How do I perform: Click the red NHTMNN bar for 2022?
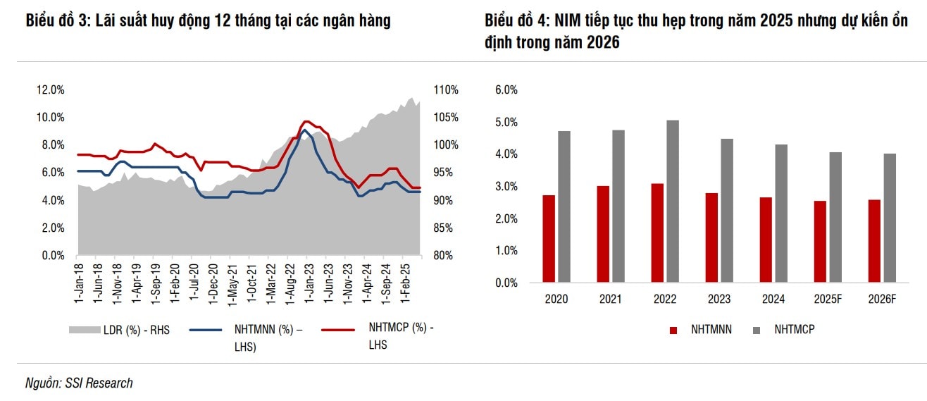pos(657,233)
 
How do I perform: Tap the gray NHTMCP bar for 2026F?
pos(890,218)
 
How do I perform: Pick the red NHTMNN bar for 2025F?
pos(820,242)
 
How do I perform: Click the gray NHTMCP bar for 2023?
pos(726,211)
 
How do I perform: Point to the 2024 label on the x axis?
pos(773,300)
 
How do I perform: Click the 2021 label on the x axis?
pos(610,300)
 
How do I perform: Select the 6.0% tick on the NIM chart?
pos(506,90)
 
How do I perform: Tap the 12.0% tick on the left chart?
pos(50,90)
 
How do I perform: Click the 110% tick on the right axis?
pos(446,90)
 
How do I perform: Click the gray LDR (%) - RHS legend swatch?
pos(84,329)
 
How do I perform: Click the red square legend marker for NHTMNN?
pos(673,330)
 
